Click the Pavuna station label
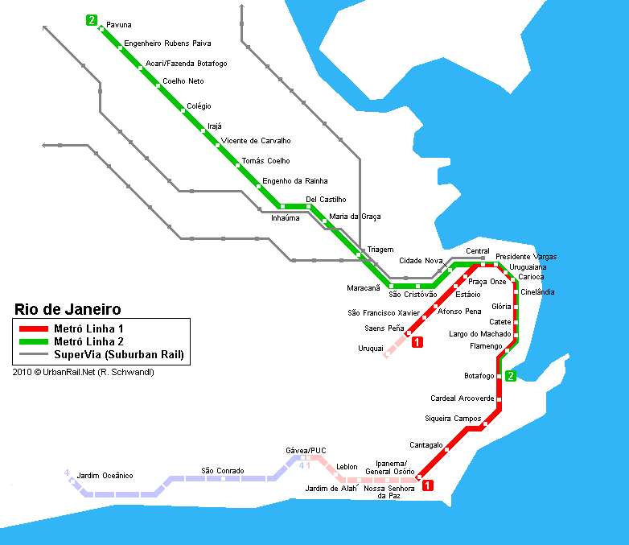point(119,25)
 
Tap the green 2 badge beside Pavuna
point(92,20)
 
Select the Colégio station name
point(199,106)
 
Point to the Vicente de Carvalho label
point(256,141)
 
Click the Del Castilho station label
point(326,199)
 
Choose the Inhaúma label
point(286,218)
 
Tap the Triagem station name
point(380,250)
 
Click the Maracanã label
point(364,288)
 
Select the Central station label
point(477,251)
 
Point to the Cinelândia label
point(537,292)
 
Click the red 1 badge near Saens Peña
point(417,342)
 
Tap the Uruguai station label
point(371,349)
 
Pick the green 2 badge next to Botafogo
point(510,376)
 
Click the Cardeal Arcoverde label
point(462,398)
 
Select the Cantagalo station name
point(426,445)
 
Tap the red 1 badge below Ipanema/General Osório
point(428,485)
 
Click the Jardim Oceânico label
point(105,476)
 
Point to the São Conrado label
point(223,471)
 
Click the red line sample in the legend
point(34,329)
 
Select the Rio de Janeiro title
point(68,309)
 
